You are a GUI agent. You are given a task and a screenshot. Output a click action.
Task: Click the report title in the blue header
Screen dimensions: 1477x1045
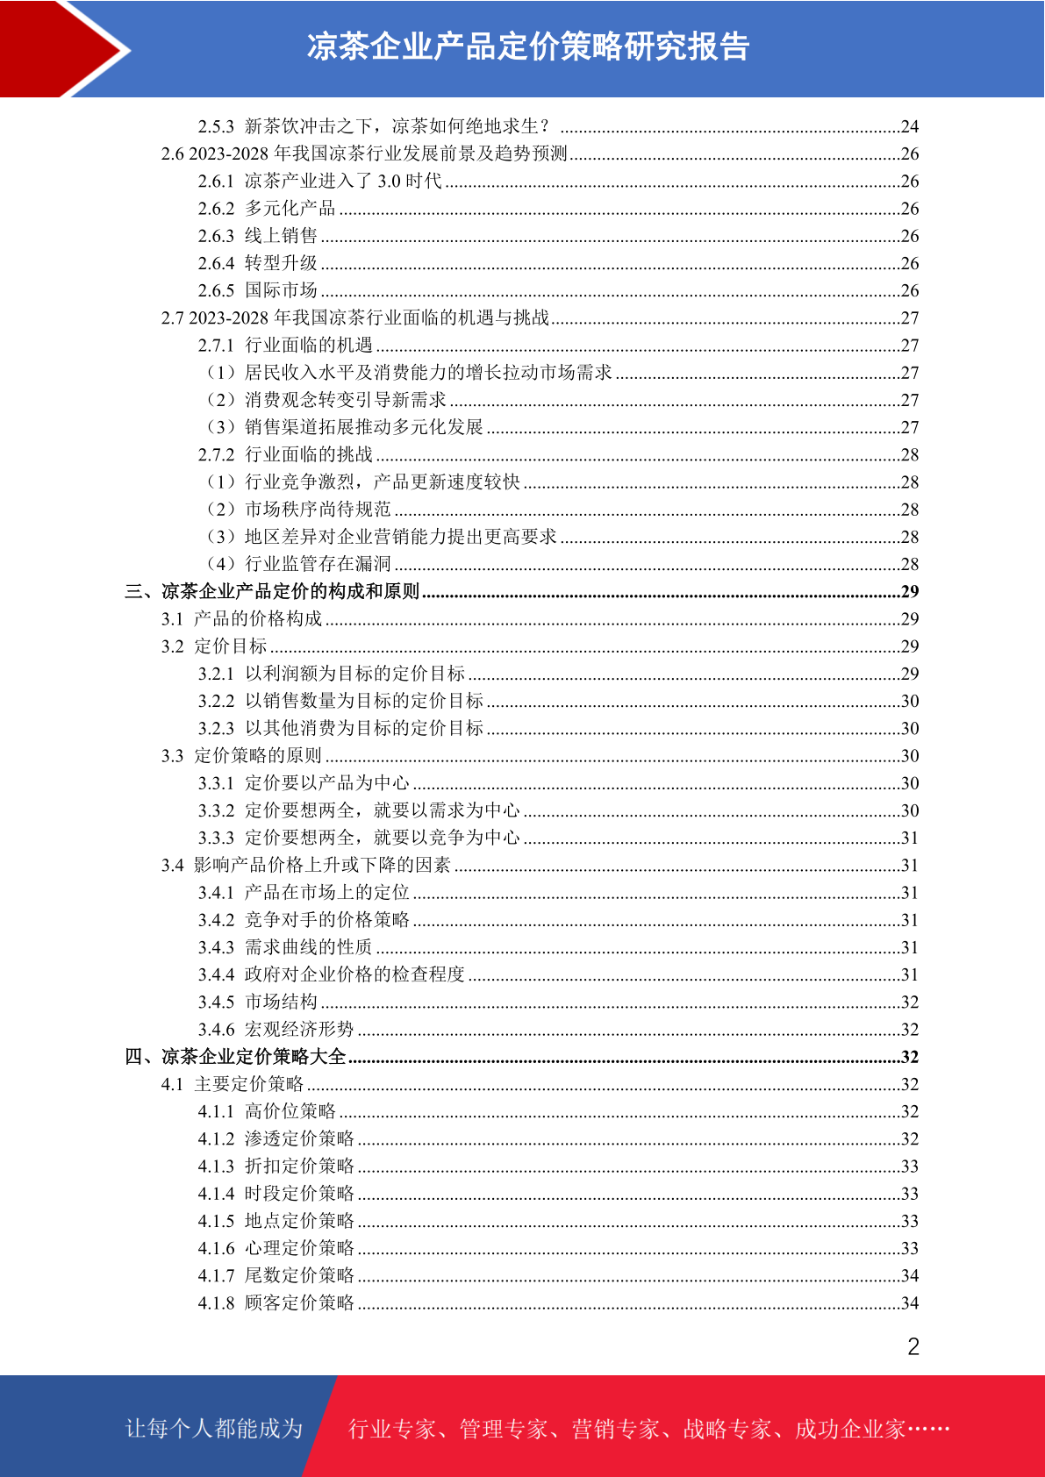[x=527, y=47]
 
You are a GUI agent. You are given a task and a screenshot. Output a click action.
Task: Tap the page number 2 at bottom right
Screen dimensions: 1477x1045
[x=913, y=1347]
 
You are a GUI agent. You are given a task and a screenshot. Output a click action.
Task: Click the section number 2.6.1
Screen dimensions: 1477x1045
[x=216, y=182]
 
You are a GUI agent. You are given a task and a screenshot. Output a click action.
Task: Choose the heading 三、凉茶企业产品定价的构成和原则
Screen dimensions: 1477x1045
[x=272, y=591]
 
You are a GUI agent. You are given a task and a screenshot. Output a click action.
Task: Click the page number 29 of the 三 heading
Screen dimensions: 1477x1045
[x=910, y=592]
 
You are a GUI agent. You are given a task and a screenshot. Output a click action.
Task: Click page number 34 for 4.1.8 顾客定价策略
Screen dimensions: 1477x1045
[x=910, y=1303]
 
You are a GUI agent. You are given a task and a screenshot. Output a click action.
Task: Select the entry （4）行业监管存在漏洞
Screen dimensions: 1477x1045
[x=298, y=564]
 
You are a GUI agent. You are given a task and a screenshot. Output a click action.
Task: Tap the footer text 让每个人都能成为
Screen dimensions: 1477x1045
[x=214, y=1429]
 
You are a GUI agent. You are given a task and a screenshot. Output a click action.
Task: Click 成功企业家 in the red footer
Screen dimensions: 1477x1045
[x=849, y=1430]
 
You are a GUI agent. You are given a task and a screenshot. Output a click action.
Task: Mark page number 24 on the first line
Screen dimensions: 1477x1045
[x=910, y=127]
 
